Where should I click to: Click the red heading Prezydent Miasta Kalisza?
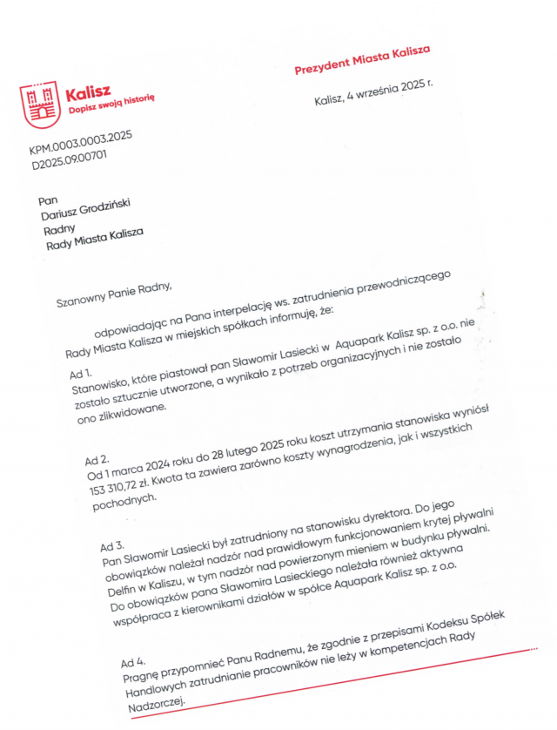362,61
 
